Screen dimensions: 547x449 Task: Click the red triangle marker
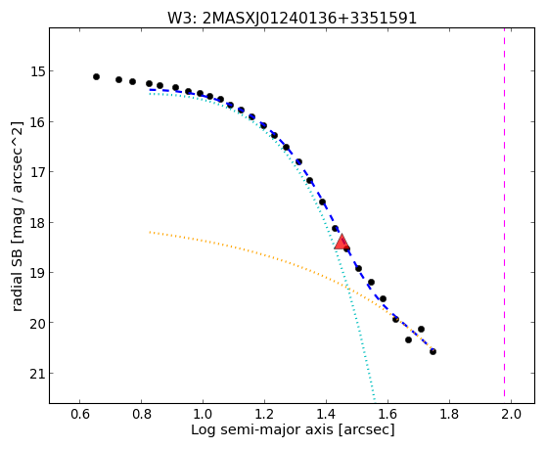click(342, 242)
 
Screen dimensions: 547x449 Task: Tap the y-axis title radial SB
click(18, 216)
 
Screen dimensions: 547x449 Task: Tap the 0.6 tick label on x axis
click(80, 414)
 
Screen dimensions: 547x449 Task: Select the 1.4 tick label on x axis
click(326, 414)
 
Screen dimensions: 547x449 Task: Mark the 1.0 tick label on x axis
click(203, 414)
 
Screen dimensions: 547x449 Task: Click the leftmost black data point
click(96, 76)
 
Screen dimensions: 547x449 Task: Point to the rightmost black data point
click(433, 351)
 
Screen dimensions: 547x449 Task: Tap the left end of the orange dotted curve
click(150, 232)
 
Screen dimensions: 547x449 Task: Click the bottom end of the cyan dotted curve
click(375, 400)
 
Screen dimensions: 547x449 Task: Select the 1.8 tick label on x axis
click(449, 414)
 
